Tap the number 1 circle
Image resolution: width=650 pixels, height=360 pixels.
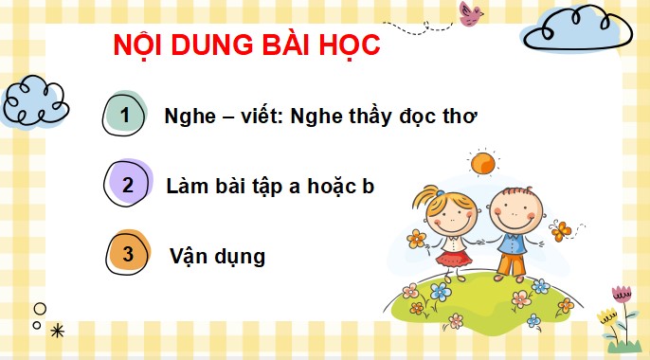coord(128,116)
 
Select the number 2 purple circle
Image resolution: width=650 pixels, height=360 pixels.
coord(128,186)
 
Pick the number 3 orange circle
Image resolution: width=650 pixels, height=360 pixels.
coord(128,254)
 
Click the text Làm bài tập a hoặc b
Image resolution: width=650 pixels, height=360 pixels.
coord(270,186)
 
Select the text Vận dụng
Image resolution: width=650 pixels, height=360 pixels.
coord(218,256)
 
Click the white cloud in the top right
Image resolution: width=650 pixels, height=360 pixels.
coord(569,30)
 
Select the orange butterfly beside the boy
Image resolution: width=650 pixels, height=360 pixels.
coord(563,230)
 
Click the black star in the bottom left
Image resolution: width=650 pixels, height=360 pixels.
coord(57,330)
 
